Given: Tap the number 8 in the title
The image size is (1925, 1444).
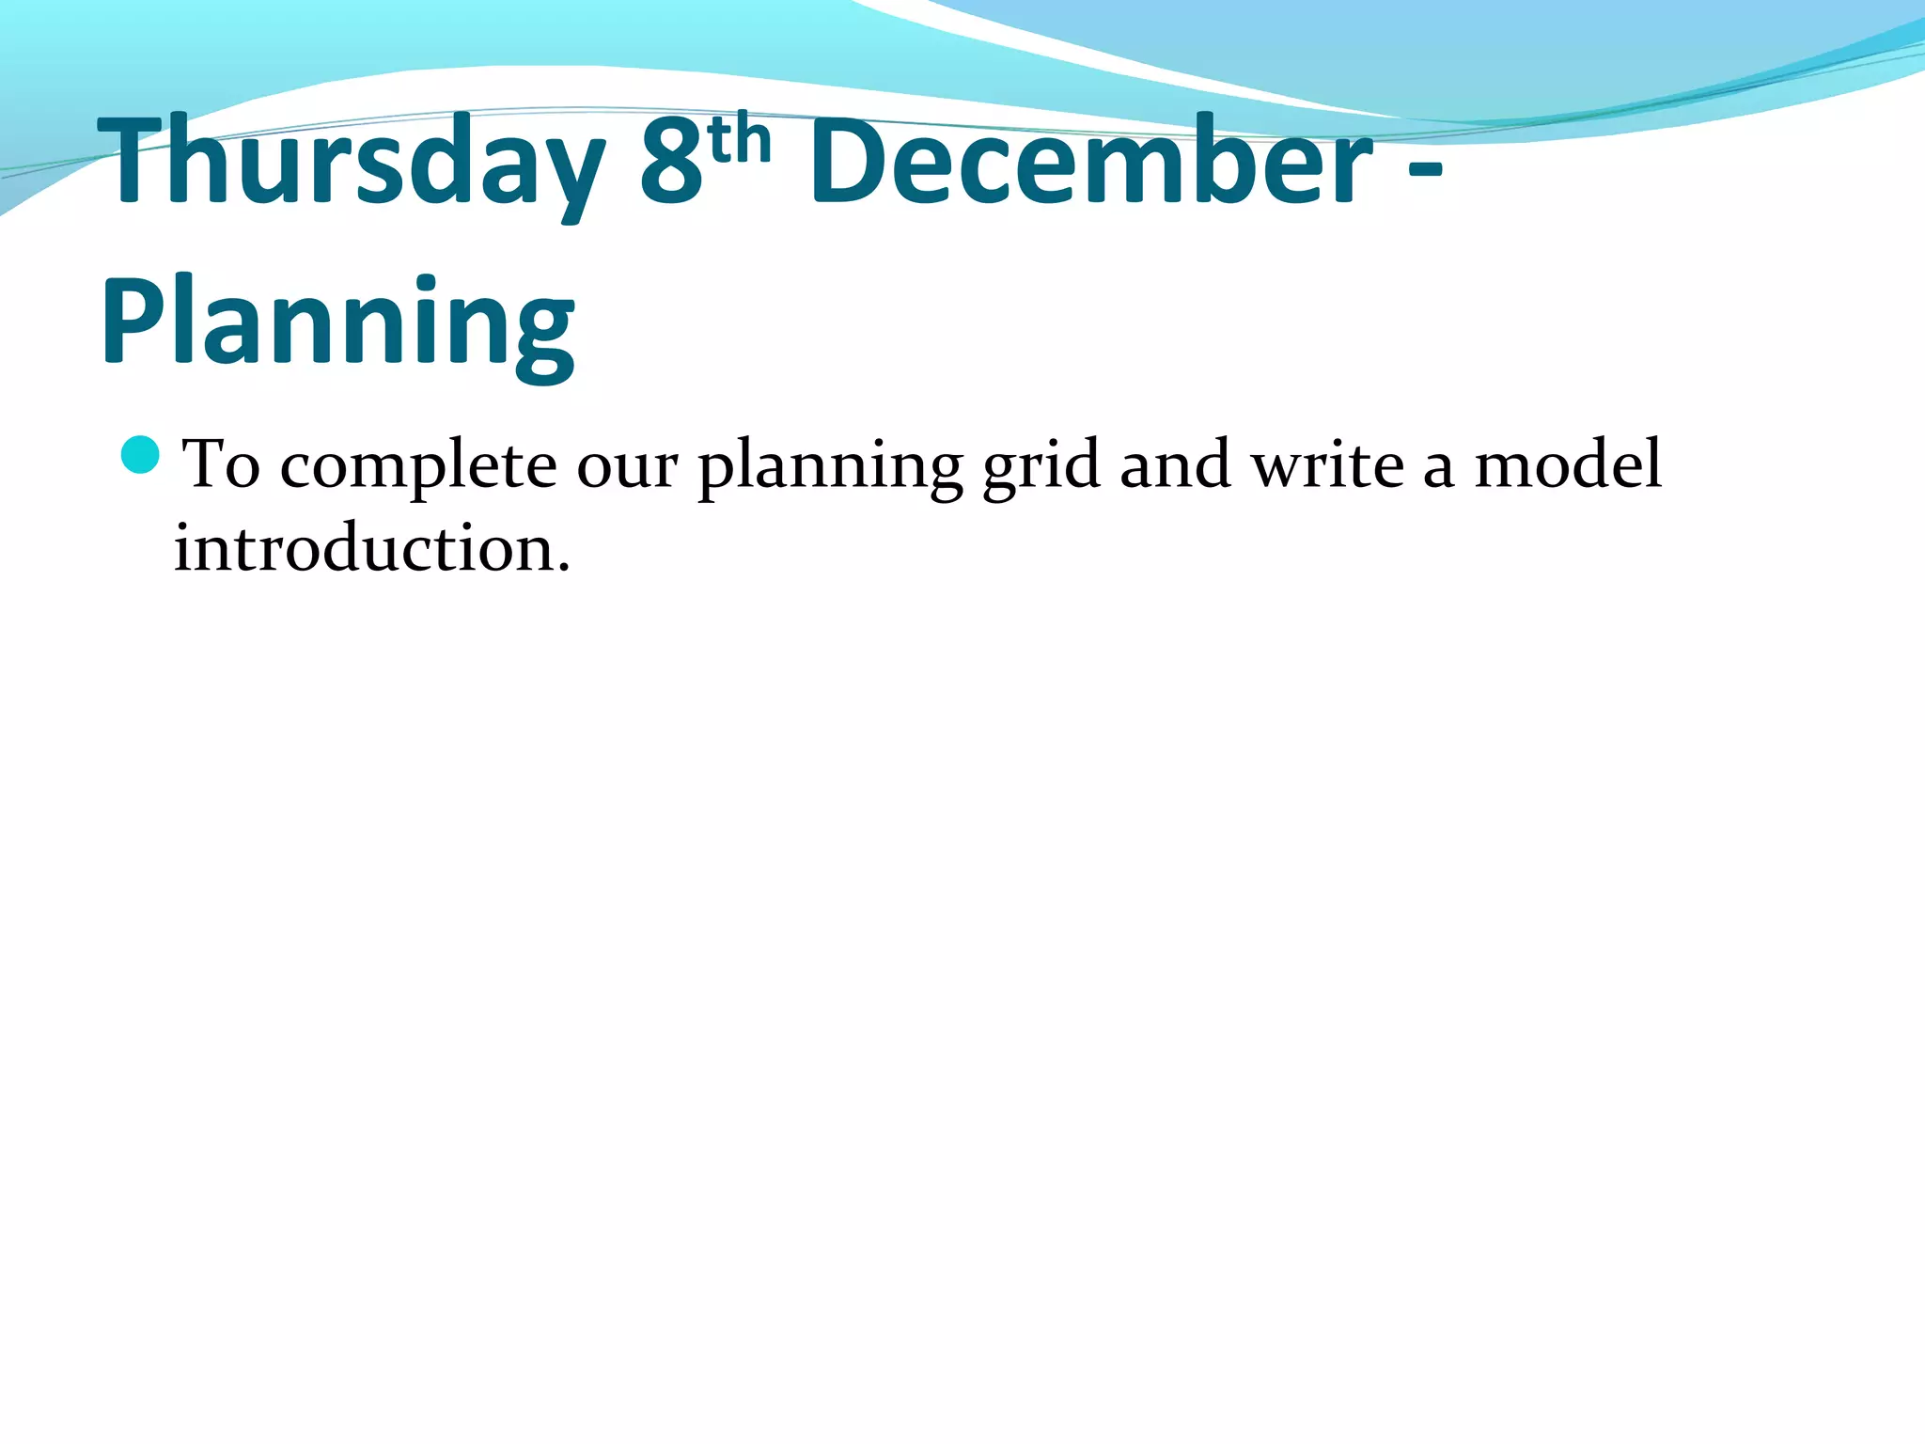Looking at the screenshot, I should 671,162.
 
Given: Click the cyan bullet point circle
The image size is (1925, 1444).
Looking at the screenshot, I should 141,455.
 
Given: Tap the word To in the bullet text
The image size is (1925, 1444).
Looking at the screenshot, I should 221,464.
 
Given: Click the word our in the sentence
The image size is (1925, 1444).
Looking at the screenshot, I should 626,467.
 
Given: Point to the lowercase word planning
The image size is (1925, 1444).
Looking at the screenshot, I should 830,467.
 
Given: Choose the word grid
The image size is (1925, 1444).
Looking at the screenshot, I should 1041,467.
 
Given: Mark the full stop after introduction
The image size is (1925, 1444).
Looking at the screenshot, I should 563,567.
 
